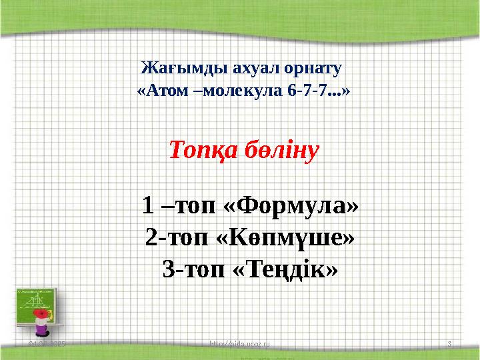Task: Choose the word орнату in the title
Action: pos(309,69)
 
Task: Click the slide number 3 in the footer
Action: pos(450,344)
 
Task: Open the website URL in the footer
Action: pos(241,344)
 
